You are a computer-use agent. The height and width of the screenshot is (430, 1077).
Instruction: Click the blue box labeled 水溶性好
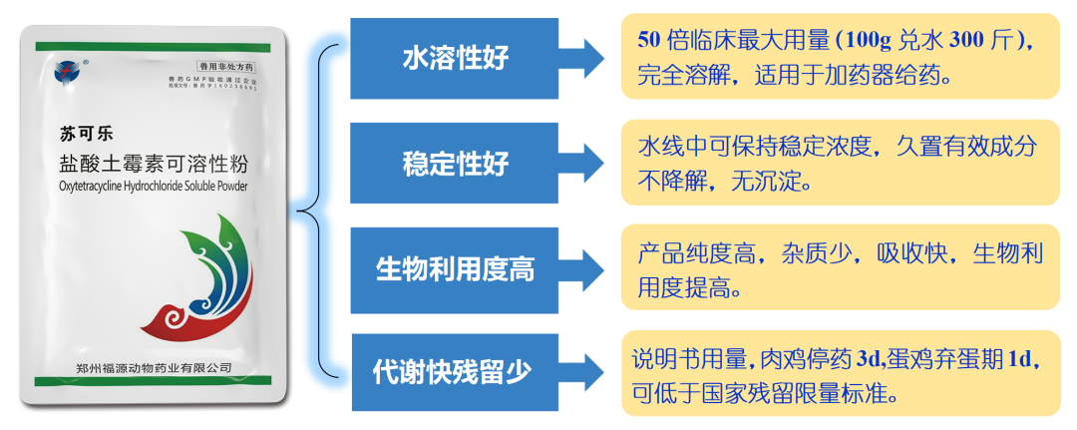pos(454,58)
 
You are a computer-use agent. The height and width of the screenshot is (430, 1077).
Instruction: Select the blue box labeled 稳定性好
pos(454,164)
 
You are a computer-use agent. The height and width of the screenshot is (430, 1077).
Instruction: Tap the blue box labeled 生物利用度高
pos(454,268)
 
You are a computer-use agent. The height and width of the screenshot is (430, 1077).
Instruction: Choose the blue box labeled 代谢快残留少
pos(454,372)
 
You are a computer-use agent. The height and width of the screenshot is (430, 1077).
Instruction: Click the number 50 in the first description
pos(650,41)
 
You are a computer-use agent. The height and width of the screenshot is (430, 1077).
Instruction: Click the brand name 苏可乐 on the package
pos(85,134)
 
